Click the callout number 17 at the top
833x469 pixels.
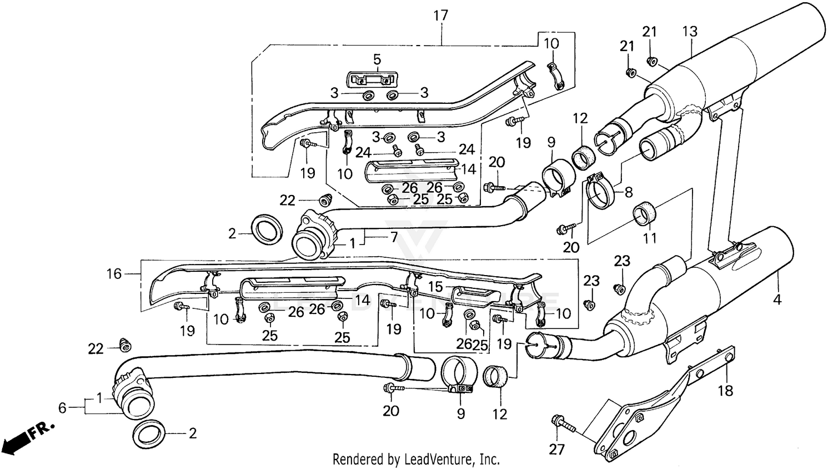tap(440, 16)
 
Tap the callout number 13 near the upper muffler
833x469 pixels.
tap(690, 32)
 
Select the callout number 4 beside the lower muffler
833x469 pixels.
tap(777, 300)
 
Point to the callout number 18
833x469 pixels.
tap(725, 391)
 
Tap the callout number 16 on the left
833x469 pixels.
tap(114, 273)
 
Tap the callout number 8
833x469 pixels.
tap(628, 193)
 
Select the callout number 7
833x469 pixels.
tap(394, 238)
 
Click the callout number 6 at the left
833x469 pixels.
tap(62, 408)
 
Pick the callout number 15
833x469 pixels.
tap(435, 287)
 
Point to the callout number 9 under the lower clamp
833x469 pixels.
tap(460, 413)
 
